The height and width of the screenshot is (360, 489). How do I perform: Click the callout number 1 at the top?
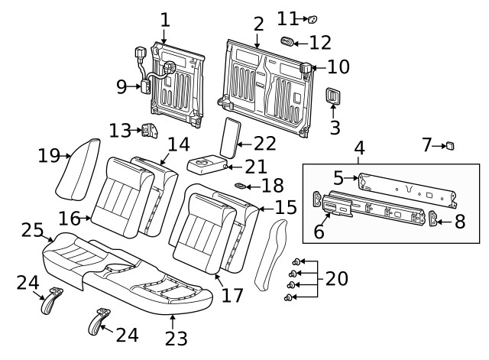165,19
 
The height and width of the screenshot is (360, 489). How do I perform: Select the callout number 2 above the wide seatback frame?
258,24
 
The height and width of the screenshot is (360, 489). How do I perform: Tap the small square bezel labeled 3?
334,96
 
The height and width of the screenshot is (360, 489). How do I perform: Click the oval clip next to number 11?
312,18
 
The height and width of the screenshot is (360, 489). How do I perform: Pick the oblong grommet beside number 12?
289,41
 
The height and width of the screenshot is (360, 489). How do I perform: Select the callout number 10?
338,66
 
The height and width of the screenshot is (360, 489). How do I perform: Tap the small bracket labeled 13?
147,131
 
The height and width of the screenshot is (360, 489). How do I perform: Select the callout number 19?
49,156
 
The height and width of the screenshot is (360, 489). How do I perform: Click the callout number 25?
31,229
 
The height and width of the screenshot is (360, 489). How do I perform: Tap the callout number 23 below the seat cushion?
175,336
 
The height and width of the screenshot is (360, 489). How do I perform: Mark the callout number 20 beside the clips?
336,278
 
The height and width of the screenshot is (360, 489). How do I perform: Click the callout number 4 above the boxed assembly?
359,148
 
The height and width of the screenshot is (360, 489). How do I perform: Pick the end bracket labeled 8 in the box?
435,221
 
